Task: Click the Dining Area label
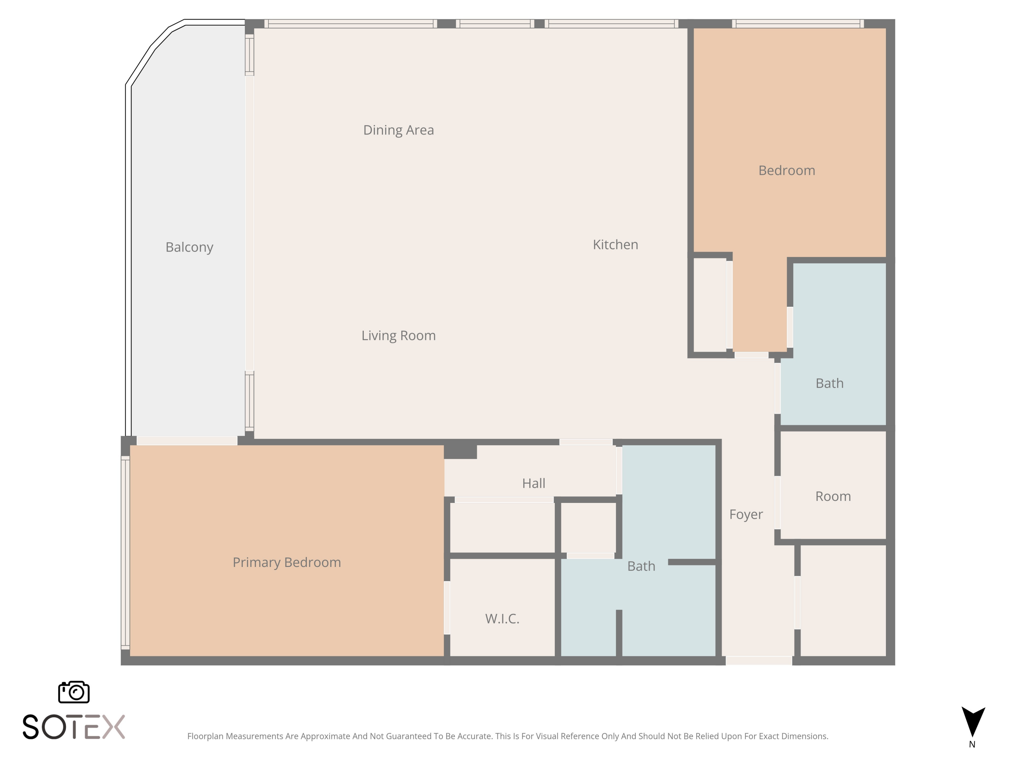(x=398, y=130)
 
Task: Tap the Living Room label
(x=398, y=336)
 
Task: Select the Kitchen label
(x=615, y=245)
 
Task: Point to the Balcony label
(x=189, y=248)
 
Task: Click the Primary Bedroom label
(x=287, y=563)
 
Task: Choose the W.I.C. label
(x=502, y=619)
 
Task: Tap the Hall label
(x=534, y=483)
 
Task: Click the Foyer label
(x=746, y=514)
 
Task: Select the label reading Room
(x=833, y=496)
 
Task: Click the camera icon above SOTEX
(x=74, y=692)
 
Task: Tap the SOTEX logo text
(x=73, y=727)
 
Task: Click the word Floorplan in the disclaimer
(x=205, y=736)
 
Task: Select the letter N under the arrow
(x=972, y=744)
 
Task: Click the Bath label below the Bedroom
(x=829, y=383)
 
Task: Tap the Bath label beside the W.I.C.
(x=641, y=566)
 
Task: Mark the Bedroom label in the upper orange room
(x=787, y=170)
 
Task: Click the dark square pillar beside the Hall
(x=460, y=451)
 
